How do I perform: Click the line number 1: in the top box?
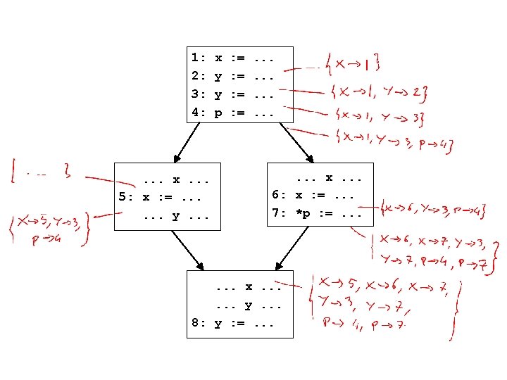(x=198, y=57)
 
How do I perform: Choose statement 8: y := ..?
(x=232, y=324)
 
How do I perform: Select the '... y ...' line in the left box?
(x=176, y=215)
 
